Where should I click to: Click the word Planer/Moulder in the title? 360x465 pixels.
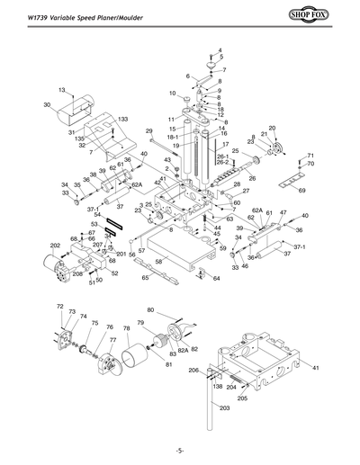[122, 13]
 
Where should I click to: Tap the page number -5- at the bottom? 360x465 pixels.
[180, 449]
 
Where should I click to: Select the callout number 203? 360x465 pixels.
[224, 407]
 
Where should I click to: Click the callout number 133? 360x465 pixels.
[122, 120]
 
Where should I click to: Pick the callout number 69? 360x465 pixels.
[301, 191]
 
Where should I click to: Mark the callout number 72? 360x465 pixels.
[60, 307]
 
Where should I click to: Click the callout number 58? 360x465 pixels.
[160, 261]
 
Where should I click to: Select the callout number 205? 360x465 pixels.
[242, 398]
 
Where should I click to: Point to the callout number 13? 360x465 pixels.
[63, 89]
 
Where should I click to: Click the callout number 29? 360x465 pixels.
[149, 131]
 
